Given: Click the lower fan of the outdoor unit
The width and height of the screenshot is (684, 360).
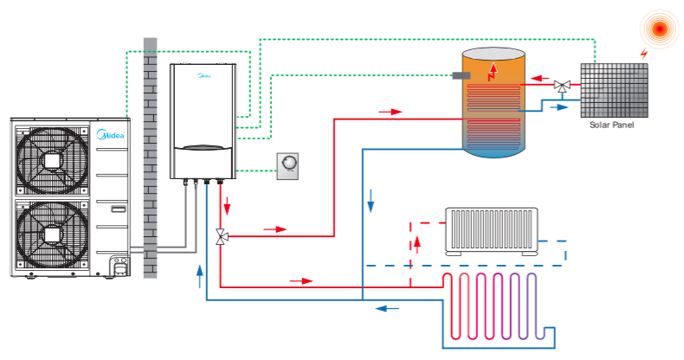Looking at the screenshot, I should pyautogui.click(x=53, y=236).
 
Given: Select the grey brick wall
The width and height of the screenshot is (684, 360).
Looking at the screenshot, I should pyautogui.click(x=150, y=156).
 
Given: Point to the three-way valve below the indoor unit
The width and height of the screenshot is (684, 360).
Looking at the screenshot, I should pyautogui.click(x=221, y=235).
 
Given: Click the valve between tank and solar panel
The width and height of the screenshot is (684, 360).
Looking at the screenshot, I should pyautogui.click(x=562, y=86).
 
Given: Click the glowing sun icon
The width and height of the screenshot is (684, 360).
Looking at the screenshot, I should pyautogui.click(x=660, y=29).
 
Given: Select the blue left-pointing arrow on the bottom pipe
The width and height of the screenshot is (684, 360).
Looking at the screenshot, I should pyautogui.click(x=388, y=306).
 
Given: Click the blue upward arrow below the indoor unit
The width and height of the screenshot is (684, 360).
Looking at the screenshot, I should pyautogui.click(x=200, y=275).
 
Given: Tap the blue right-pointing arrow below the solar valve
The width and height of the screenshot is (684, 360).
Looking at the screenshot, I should pyautogui.click(x=561, y=107).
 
